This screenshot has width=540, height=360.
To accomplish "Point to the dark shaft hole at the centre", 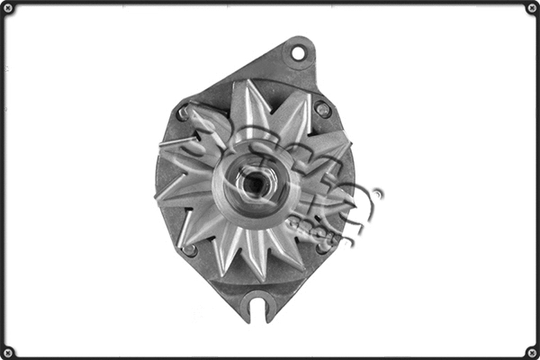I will tap(255, 184).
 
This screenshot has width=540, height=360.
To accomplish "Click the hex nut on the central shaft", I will tap(254, 184).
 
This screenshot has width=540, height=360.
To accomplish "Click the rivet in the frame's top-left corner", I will tap(8, 9).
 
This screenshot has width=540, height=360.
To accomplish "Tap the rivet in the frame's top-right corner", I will tap(531, 9).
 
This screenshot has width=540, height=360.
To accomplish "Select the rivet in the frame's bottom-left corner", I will tap(8, 351).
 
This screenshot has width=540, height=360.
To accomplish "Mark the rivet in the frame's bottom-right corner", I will tap(531, 351).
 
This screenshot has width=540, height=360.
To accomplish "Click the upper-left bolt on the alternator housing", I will tap(184, 113).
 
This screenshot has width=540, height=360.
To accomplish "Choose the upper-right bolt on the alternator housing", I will tap(322, 109).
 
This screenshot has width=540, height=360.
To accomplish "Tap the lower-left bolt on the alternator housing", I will tap(189, 249).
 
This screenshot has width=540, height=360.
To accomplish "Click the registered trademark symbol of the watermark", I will tap(377, 193).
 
